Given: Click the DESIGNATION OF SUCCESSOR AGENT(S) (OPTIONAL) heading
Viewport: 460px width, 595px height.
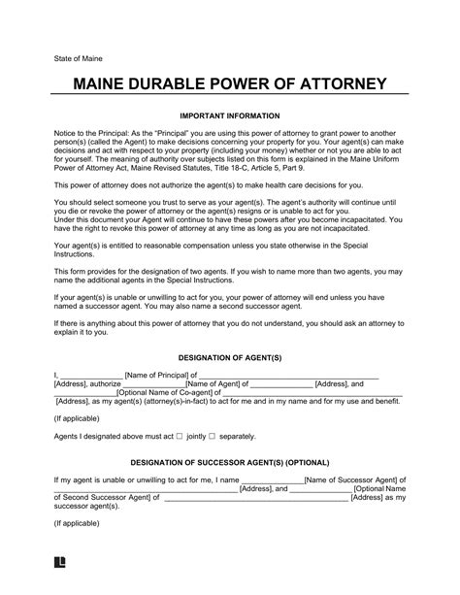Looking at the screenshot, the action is point(229,461).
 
